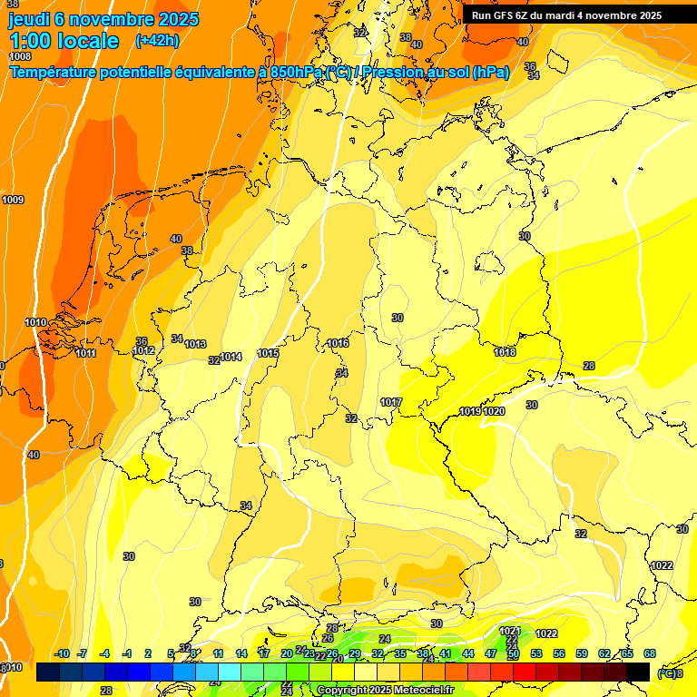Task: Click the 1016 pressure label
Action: click(339, 343)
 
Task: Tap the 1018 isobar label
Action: click(505, 352)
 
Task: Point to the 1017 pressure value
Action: click(391, 402)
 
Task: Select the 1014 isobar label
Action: click(231, 357)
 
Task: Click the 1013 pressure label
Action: click(195, 344)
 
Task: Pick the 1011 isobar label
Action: click(86, 353)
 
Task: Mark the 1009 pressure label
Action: click(13, 200)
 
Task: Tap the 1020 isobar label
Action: click(494, 411)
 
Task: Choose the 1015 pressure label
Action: click(268, 353)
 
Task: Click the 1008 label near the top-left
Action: click(19, 56)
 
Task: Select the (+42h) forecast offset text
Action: click(156, 40)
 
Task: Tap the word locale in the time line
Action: click(86, 41)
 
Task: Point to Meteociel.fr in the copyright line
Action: click(411, 691)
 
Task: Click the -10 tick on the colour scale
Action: click(62, 653)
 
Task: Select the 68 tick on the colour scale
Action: click(650, 653)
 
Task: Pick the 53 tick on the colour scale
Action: click(536, 653)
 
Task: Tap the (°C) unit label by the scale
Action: click(668, 672)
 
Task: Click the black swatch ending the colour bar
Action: click(638, 672)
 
